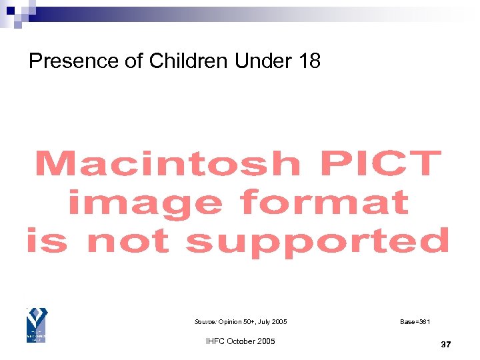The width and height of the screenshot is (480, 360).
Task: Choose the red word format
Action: coord(325,203)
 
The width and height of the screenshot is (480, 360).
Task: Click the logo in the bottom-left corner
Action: coord(36,326)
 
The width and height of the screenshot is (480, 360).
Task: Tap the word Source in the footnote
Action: coord(205,322)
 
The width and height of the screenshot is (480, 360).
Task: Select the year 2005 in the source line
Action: coord(278,322)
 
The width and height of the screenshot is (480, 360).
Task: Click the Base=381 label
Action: coord(415,322)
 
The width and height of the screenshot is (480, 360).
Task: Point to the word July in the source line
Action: coord(261,322)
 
